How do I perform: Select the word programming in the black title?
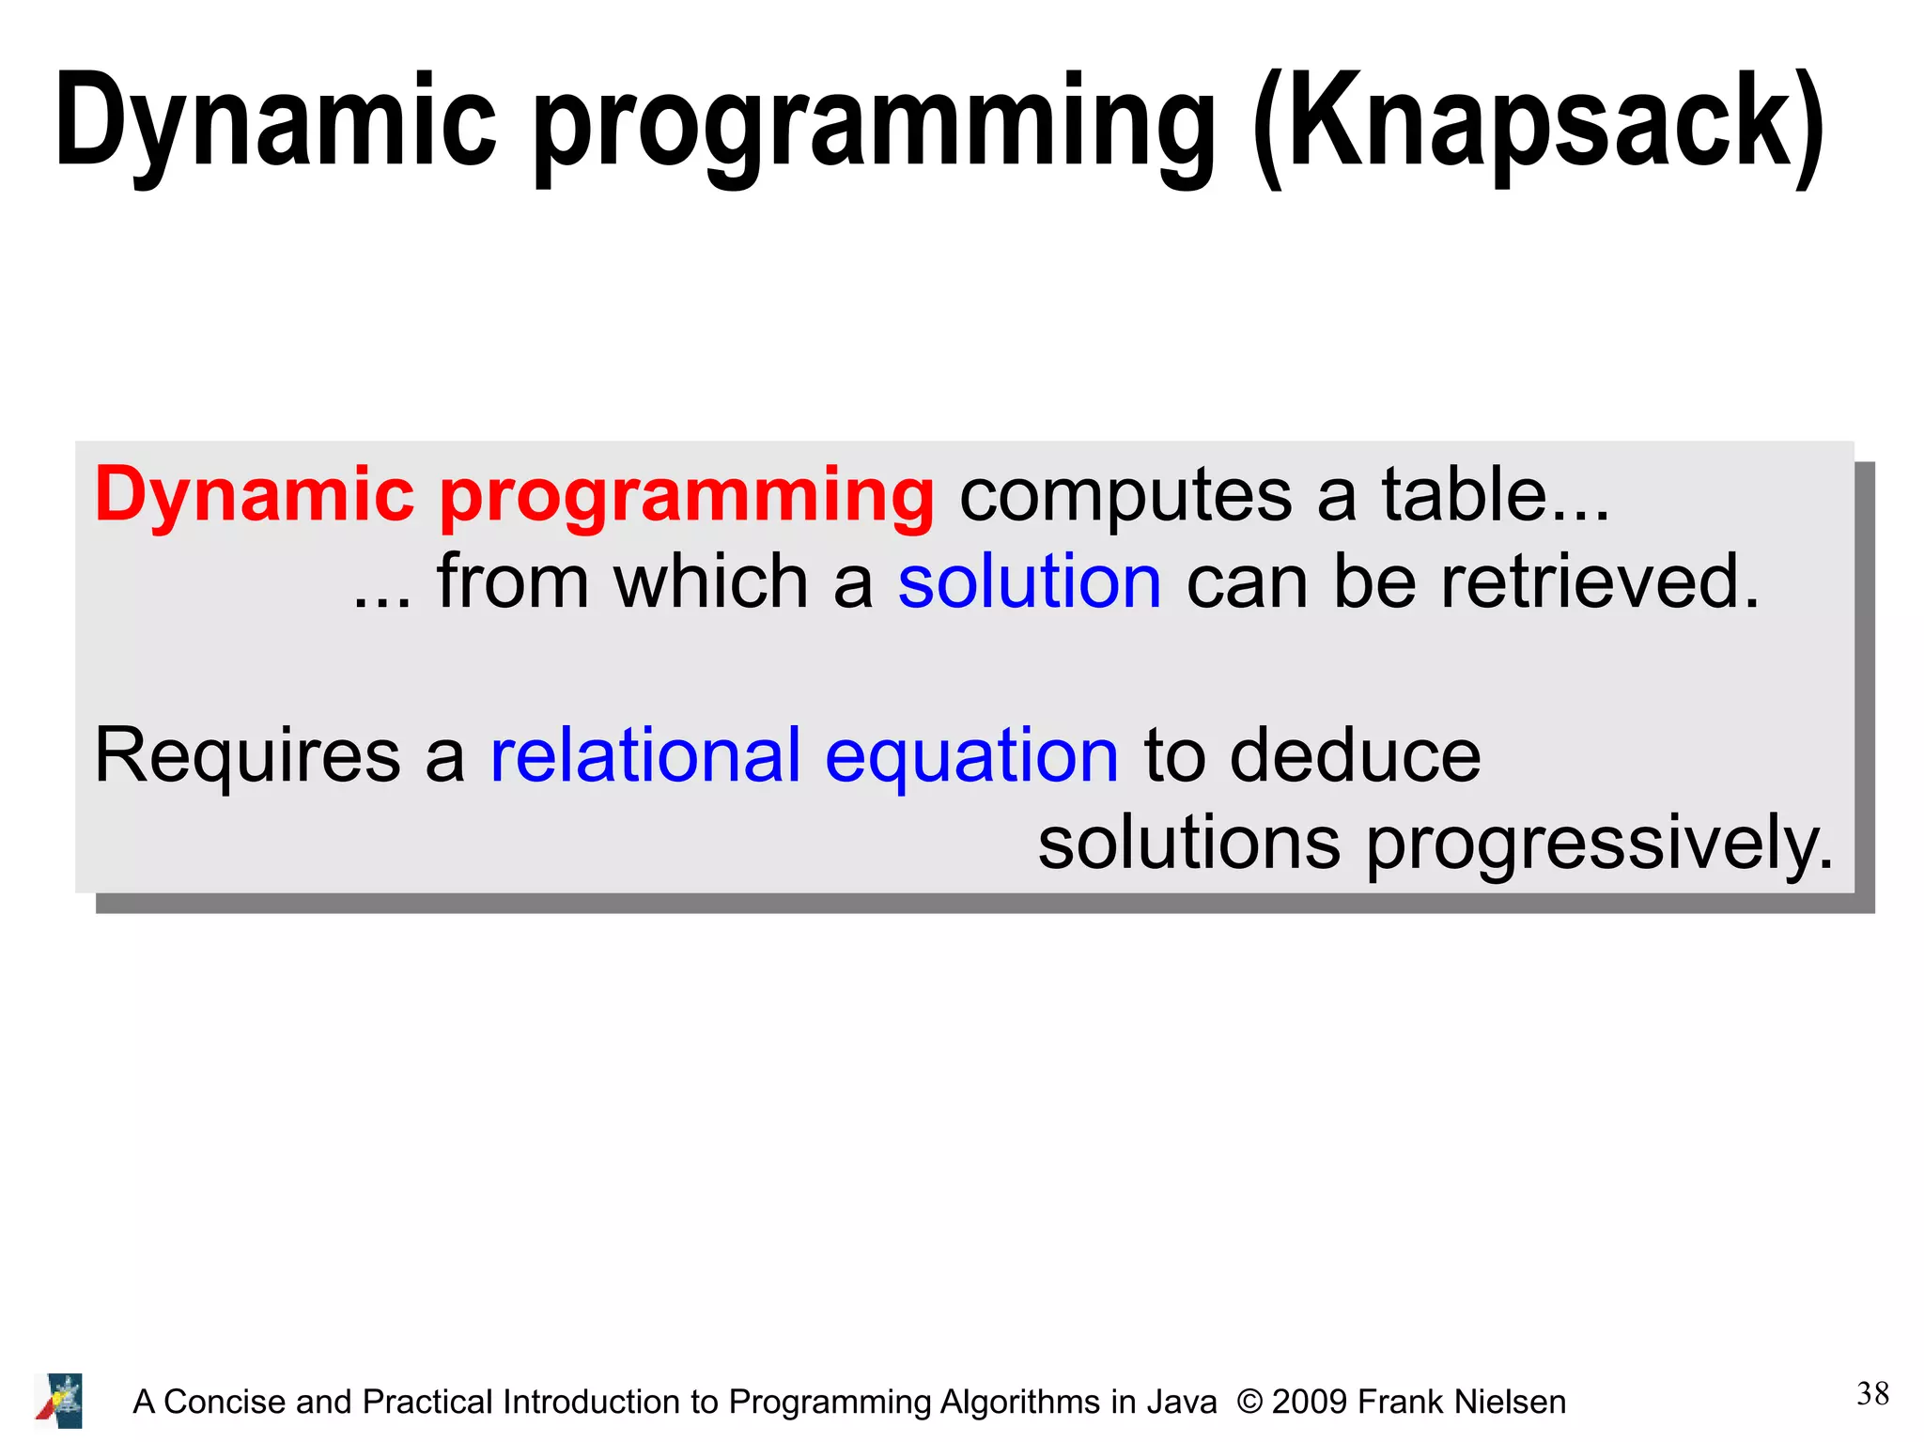click(875, 127)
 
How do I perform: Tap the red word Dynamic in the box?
click(254, 496)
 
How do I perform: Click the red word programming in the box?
click(687, 498)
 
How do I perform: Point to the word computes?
click(1125, 498)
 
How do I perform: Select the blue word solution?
click(1030, 581)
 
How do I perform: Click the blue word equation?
click(971, 759)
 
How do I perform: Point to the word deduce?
click(1355, 755)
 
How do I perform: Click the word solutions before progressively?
click(1188, 843)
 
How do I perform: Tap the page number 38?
click(1872, 1394)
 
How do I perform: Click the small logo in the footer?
click(59, 1401)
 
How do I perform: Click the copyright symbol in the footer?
click(1249, 1402)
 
